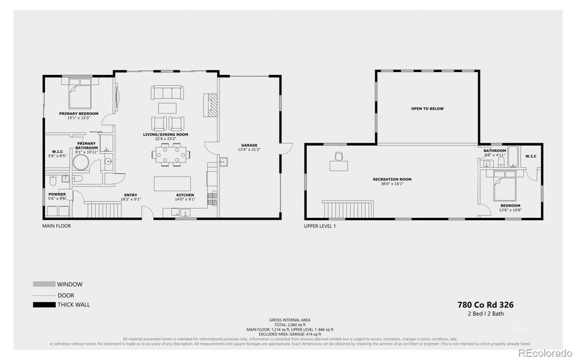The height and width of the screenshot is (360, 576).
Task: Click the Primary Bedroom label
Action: point(79,113)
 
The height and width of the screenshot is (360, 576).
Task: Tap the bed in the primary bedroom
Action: point(79,94)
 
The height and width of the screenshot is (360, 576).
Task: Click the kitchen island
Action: point(172,183)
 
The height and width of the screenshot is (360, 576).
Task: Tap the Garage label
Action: point(249,145)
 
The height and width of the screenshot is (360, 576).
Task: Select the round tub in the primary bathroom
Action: point(108,161)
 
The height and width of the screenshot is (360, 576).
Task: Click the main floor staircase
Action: point(104,210)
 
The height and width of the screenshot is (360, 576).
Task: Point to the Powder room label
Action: point(58,194)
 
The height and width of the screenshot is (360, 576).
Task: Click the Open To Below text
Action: point(427,109)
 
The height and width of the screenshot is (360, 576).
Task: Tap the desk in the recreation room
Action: point(338,161)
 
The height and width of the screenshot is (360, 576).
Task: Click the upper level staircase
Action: point(347,209)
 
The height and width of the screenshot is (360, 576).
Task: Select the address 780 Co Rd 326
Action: point(485,305)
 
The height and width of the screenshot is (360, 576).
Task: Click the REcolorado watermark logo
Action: point(545,352)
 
